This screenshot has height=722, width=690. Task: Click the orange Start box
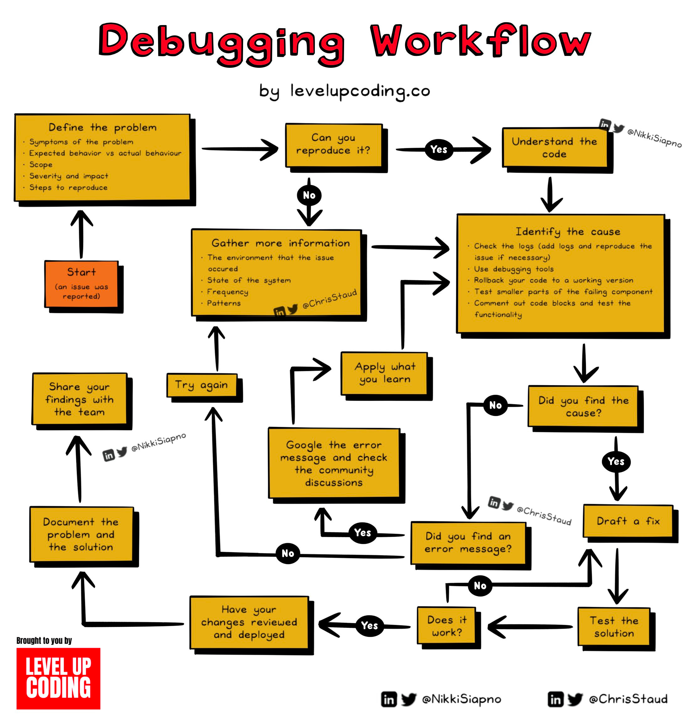81,283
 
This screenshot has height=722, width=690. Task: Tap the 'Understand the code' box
554,147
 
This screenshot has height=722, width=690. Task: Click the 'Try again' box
202,385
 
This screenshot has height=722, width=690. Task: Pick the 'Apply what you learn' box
384,373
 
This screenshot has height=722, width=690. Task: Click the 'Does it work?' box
447,626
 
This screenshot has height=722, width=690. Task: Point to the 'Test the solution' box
614,626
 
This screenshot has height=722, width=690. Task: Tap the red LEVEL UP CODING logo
58,678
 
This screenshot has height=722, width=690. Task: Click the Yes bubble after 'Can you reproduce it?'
439,149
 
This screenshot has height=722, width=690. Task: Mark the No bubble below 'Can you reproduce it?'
309,195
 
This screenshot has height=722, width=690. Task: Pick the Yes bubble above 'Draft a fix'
616,461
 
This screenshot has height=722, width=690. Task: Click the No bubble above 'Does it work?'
480,585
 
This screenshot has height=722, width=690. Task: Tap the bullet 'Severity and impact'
69,176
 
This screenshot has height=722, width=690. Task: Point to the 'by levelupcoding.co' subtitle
345,91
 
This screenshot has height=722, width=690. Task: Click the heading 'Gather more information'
281,243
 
